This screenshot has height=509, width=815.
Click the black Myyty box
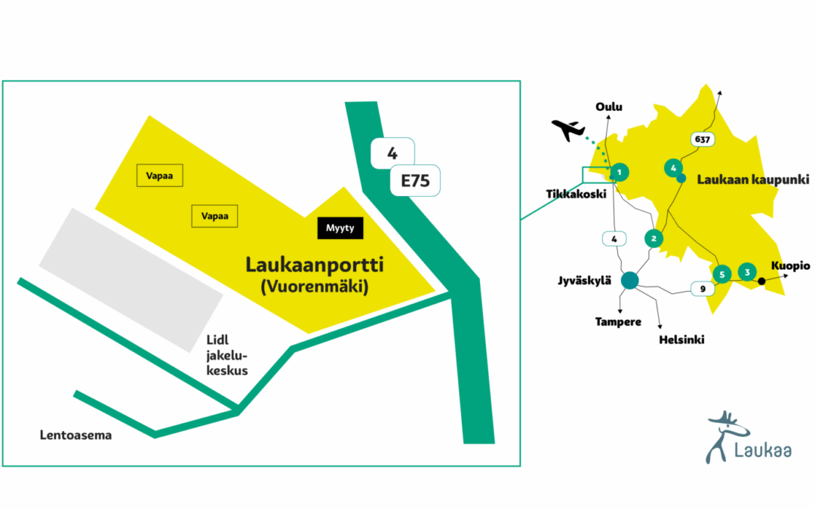[340, 228]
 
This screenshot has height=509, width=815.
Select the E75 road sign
[414, 181]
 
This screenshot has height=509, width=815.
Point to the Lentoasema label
[75, 435]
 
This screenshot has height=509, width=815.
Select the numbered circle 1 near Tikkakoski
[619, 173]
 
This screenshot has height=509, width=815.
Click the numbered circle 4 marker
[672, 168]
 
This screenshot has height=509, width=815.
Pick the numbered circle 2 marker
[654, 238]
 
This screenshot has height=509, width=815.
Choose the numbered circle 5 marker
[722, 274]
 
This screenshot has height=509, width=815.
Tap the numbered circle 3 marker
[747, 272]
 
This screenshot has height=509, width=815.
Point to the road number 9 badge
[703, 287]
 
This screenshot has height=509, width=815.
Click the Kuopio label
[789, 266]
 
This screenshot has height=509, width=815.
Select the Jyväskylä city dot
[629, 281]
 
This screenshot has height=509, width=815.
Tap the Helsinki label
[681, 340]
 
